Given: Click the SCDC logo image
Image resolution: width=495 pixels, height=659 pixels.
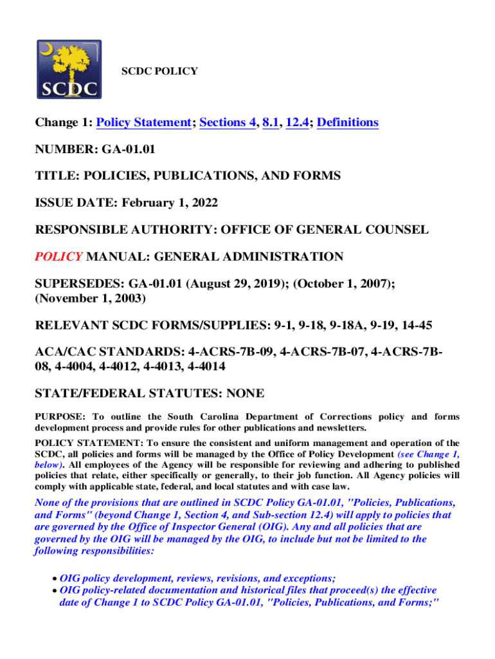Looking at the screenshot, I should [69, 70].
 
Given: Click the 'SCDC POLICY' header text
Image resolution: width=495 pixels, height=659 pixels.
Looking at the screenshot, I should [159, 71].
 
